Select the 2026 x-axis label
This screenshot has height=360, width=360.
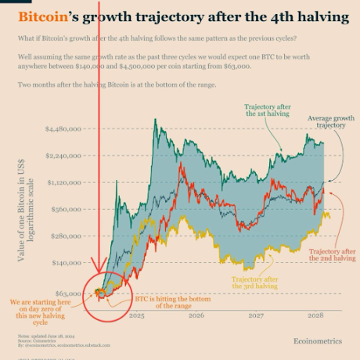pyautogui.click(x=196, y=315)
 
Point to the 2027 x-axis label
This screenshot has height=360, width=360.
pyautogui.click(x=256, y=315)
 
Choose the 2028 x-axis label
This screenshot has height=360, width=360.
pyautogui.click(x=315, y=315)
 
